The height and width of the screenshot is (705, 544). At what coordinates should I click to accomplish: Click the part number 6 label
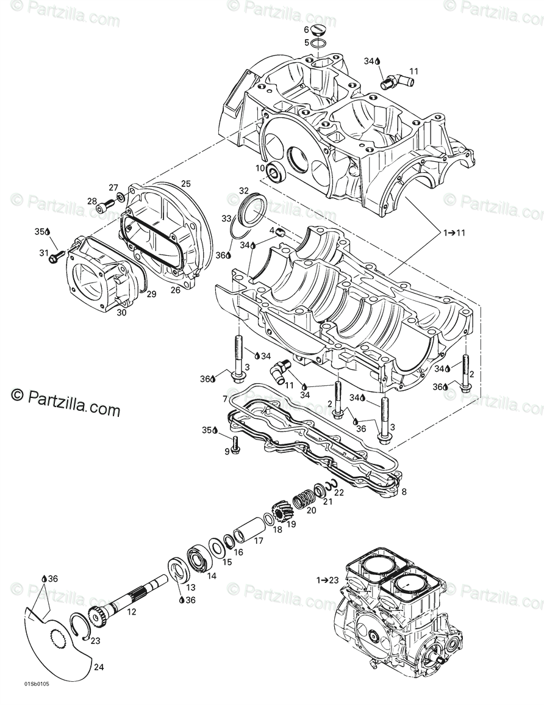pyautogui.click(x=307, y=30)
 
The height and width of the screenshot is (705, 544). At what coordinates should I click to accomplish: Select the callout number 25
pyautogui.click(x=186, y=184)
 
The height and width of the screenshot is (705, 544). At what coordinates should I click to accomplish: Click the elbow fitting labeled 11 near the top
pyautogui.click(x=388, y=80)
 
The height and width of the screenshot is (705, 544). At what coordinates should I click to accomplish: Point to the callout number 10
pyautogui.click(x=259, y=168)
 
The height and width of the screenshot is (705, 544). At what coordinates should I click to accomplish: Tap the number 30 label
pyautogui.click(x=121, y=311)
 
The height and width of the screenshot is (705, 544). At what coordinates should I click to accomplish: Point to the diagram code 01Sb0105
pyautogui.click(x=37, y=684)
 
